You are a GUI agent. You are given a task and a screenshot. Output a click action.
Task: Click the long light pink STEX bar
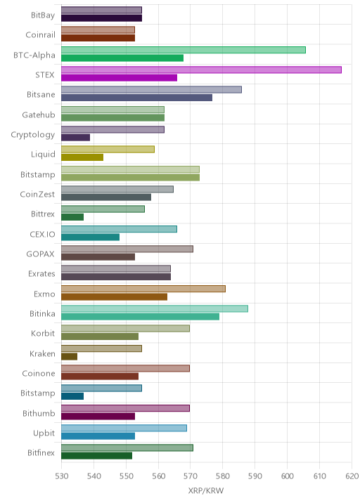(201, 70)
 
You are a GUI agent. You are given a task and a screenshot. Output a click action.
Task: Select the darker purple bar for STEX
(119, 78)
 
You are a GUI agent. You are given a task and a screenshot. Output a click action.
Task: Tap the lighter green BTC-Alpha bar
(184, 50)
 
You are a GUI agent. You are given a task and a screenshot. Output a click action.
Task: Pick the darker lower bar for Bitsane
(137, 98)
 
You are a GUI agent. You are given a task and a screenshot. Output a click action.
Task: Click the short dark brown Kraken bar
(70, 356)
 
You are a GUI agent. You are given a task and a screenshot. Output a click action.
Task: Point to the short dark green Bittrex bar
(72, 217)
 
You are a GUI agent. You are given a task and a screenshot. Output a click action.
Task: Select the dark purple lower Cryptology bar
(76, 138)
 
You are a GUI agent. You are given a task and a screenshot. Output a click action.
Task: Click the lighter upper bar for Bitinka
(155, 308)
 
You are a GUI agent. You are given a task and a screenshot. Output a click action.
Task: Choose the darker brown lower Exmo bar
(115, 296)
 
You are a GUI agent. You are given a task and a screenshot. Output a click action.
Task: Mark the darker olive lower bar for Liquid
(82, 157)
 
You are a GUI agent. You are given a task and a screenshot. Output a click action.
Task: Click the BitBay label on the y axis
(43, 15)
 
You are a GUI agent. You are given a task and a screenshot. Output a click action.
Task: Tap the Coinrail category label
(41, 34)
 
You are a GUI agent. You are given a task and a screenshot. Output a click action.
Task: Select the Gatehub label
(39, 115)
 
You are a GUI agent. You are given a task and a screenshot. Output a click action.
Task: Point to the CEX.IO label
(42, 234)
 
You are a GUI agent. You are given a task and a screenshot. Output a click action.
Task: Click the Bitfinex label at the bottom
(41, 452)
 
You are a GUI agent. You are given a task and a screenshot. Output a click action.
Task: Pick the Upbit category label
(44, 433)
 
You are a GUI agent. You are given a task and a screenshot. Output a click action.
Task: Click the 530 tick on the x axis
(62, 476)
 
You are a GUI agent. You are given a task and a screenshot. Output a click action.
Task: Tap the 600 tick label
(287, 476)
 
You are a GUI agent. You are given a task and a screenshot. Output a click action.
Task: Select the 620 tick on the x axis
(352, 476)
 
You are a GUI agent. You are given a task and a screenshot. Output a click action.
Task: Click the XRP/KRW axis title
(206, 490)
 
